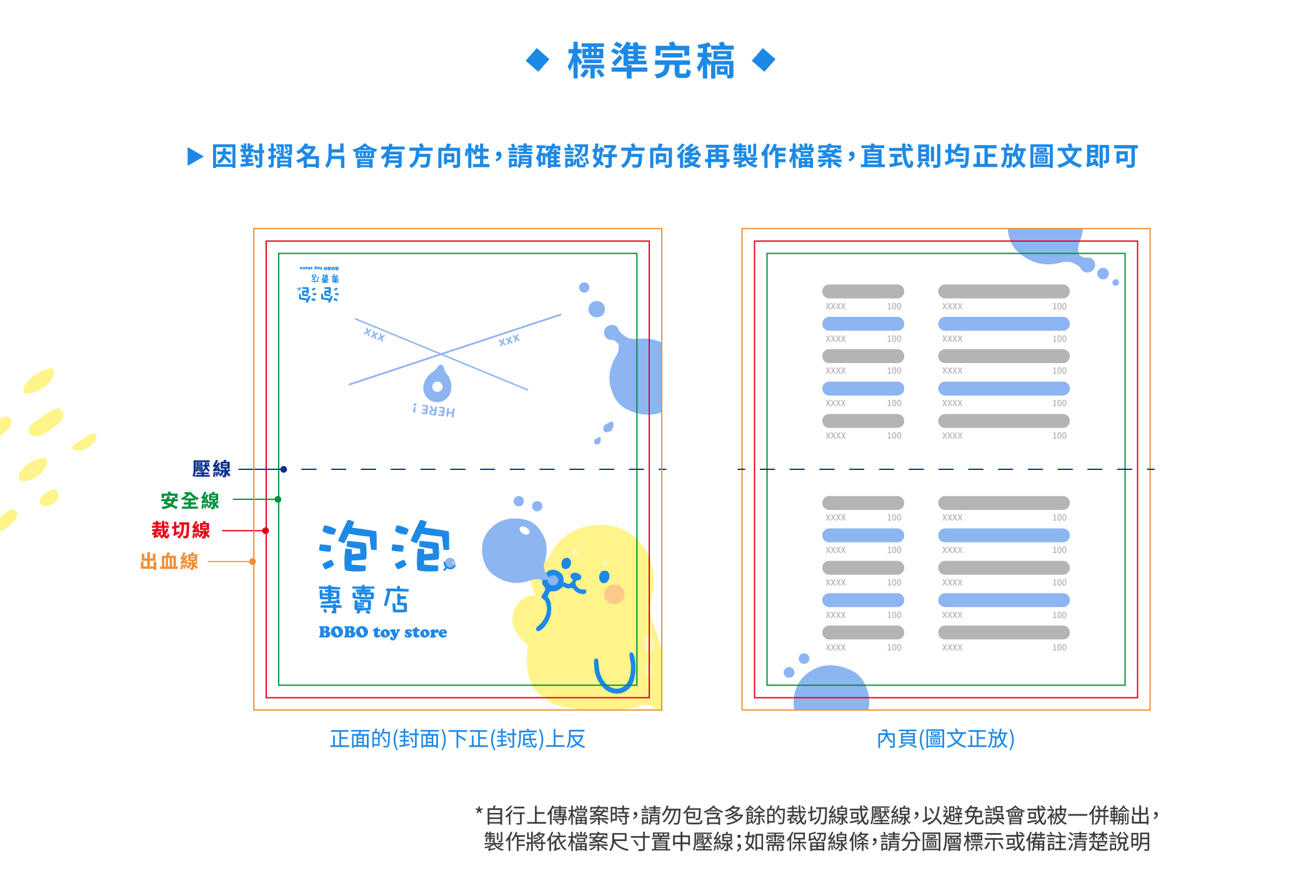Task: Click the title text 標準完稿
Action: pyautogui.click(x=650, y=61)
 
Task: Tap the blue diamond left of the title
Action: pyautogui.click(x=537, y=61)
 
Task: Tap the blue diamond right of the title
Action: pyautogui.click(x=764, y=61)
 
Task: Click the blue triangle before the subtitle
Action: pyautogui.click(x=196, y=156)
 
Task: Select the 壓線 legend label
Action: pyautogui.click(x=211, y=469)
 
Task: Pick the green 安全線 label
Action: pyautogui.click(x=190, y=500)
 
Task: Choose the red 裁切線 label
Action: pyautogui.click(x=181, y=531)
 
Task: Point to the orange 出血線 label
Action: pyautogui.click(x=169, y=561)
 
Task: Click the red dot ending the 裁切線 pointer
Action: pyautogui.click(x=266, y=531)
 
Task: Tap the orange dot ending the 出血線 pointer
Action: pyautogui.click(x=252, y=561)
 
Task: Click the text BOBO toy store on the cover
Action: pyautogui.click(x=382, y=632)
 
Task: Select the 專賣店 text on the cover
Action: pyautogui.click(x=363, y=599)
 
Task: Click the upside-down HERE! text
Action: pyautogui.click(x=434, y=411)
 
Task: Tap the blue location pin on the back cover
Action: pyautogui.click(x=437, y=384)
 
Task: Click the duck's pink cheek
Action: pyautogui.click(x=614, y=594)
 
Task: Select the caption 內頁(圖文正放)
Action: pyautogui.click(x=945, y=739)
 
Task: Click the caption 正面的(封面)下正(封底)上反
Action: pyautogui.click(x=457, y=739)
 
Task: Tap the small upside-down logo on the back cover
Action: pyautogui.click(x=319, y=284)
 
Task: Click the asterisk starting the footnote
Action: pyautogui.click(x=479, y=811)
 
